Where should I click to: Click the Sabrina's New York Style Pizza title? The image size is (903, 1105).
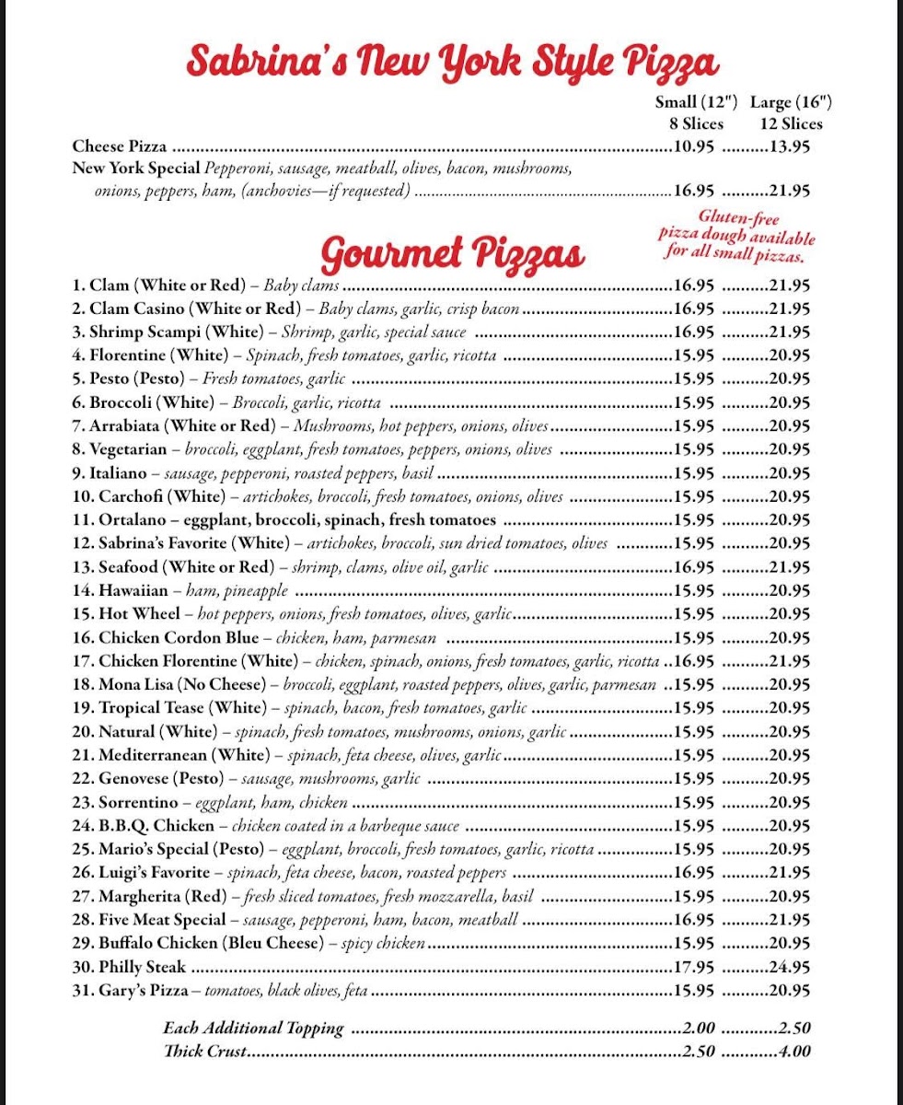[451, 62]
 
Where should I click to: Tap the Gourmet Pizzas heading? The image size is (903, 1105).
[454, 251]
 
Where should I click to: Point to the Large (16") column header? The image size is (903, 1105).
[791, 102]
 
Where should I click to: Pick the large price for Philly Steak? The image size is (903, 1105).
[790, 967]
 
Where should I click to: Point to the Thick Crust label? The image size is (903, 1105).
[203, 1051]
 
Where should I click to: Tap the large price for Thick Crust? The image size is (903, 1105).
[794, 1051]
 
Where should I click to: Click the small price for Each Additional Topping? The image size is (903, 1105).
[700, 1028]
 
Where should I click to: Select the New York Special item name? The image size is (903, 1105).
[136, 169]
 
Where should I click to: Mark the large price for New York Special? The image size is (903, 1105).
[790, 192]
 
